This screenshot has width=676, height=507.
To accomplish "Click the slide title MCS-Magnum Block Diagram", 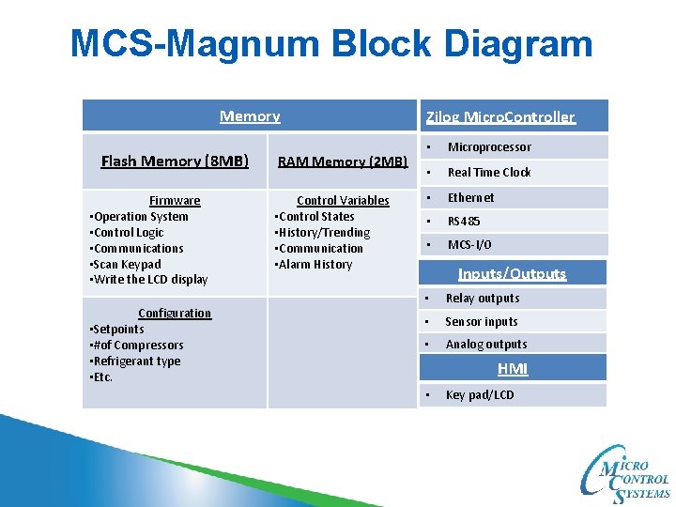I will click(331, 44).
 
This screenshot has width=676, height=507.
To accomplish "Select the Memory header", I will click(250, 116).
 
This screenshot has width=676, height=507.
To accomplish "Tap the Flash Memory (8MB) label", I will click(175, 161).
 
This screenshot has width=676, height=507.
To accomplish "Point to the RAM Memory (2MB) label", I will click(343, 162).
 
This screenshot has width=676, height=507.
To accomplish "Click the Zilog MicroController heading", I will click(500, 117).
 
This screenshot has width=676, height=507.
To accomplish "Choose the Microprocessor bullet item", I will click(489, 147).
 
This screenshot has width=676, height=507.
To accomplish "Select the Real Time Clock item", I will click(489, 173).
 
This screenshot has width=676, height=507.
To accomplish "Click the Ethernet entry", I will click(470, 198).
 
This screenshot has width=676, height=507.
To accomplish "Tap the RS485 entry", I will click(464, 222).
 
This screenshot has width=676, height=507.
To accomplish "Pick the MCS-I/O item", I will click(469, 245).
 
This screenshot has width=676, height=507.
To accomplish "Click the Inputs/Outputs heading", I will click(512, 274).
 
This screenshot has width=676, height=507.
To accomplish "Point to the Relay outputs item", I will click(482, 299).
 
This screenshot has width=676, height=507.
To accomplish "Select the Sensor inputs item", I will click(481, 322).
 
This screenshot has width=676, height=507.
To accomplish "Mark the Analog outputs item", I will click(485, 345).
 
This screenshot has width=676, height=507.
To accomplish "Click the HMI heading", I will click(513, 369).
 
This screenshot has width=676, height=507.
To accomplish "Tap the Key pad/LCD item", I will click(480, 395).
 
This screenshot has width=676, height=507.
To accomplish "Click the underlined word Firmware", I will click(175, 201).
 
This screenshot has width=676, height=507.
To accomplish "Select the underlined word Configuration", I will click(175, 314).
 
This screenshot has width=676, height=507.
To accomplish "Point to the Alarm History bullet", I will click(315, 265).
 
